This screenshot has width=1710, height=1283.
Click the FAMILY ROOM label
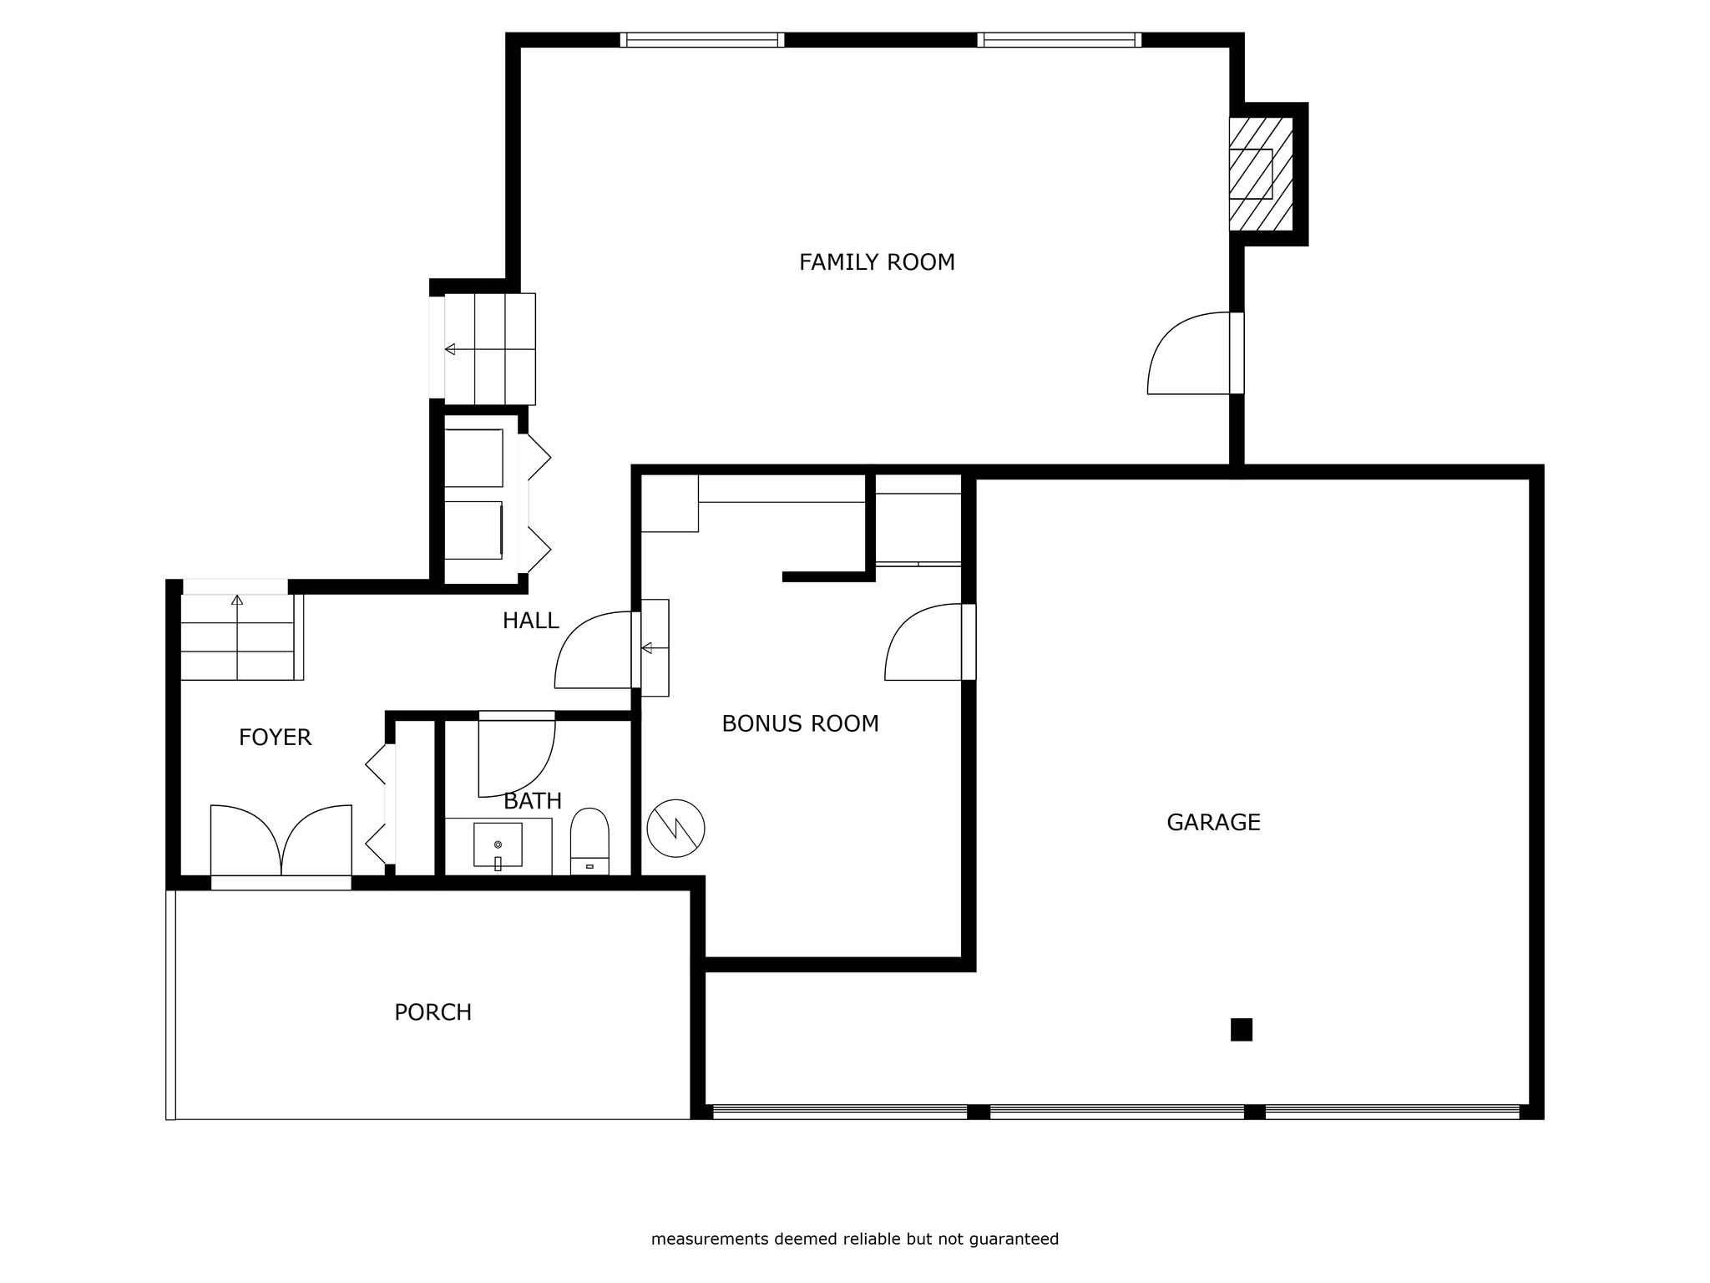(877, 262)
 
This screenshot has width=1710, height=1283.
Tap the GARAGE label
(1213, 823)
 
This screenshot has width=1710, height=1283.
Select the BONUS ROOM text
(800, 723)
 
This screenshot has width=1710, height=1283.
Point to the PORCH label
(433, 1012)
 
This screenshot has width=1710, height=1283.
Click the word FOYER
(275, 738)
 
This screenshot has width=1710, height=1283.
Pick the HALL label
(530, 621)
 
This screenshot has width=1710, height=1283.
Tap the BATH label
(533, 801)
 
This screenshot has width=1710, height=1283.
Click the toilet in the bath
(589, 841)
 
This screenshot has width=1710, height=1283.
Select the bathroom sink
(498, 845)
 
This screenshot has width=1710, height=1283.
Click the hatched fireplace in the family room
(1261, 174)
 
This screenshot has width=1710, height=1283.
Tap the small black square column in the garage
(1242, 1030)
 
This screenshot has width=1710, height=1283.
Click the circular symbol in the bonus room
(676, 829)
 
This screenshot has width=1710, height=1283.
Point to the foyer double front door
(281, 840)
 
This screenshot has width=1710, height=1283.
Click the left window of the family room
(702, 40)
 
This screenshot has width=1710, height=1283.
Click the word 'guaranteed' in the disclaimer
(1014, 1240)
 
